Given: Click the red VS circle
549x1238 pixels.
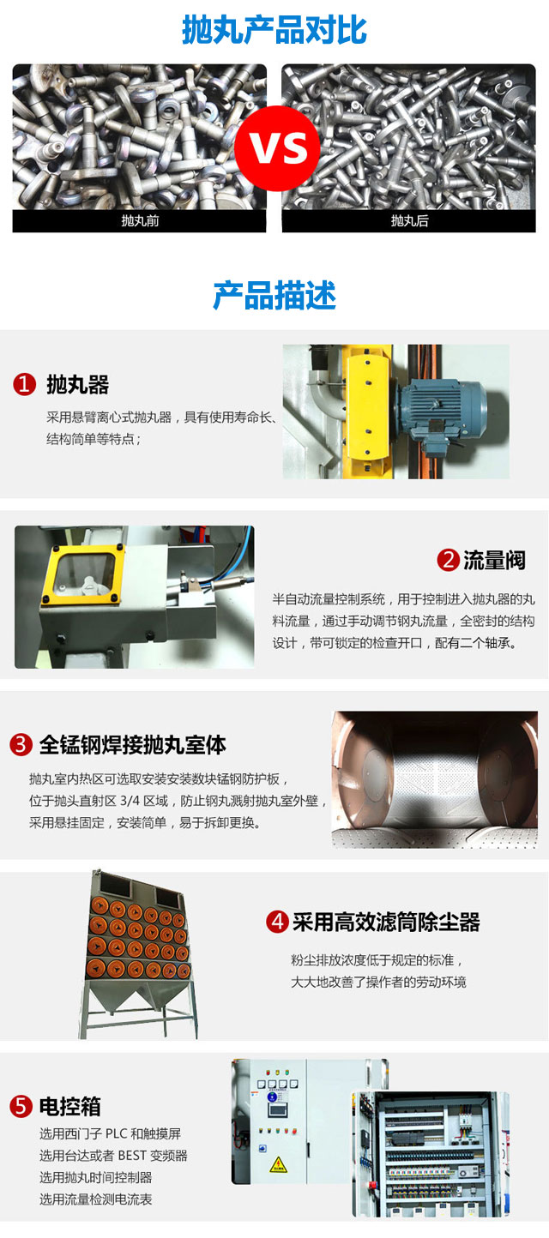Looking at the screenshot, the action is (x=277, y=148).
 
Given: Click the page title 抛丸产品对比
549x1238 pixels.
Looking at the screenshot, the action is (x=274, y=30).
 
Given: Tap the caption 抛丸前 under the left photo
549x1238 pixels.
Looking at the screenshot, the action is (x=140, y=221).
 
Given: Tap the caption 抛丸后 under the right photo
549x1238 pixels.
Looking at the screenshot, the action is (x=409, y=221).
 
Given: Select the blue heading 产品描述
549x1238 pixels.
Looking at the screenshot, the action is (x=274, y=295).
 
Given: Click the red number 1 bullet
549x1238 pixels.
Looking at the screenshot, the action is (x=24, y=384).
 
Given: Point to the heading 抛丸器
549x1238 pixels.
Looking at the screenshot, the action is (x=77, y=384).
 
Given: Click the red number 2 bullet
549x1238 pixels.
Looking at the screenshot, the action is (x=448, y=560).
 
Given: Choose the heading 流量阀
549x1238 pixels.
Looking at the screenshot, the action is (x=494, y=560).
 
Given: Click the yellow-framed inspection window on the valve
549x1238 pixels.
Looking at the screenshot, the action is (x=81, y=574).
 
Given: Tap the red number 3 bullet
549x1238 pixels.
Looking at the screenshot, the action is (x=21, y=744).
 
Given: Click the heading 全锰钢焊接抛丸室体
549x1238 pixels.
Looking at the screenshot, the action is (x=132, y=744).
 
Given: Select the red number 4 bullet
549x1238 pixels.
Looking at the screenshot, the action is (x=277, y=922).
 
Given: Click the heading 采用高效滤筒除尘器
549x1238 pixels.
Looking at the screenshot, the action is (x=386, y=922).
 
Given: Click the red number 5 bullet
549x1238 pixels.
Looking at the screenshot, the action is (x=21, y=1106).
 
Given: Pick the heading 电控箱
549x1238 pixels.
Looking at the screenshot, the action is (x=69, y=1106).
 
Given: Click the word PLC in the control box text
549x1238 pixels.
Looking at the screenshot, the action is (x=116, y=1133).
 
